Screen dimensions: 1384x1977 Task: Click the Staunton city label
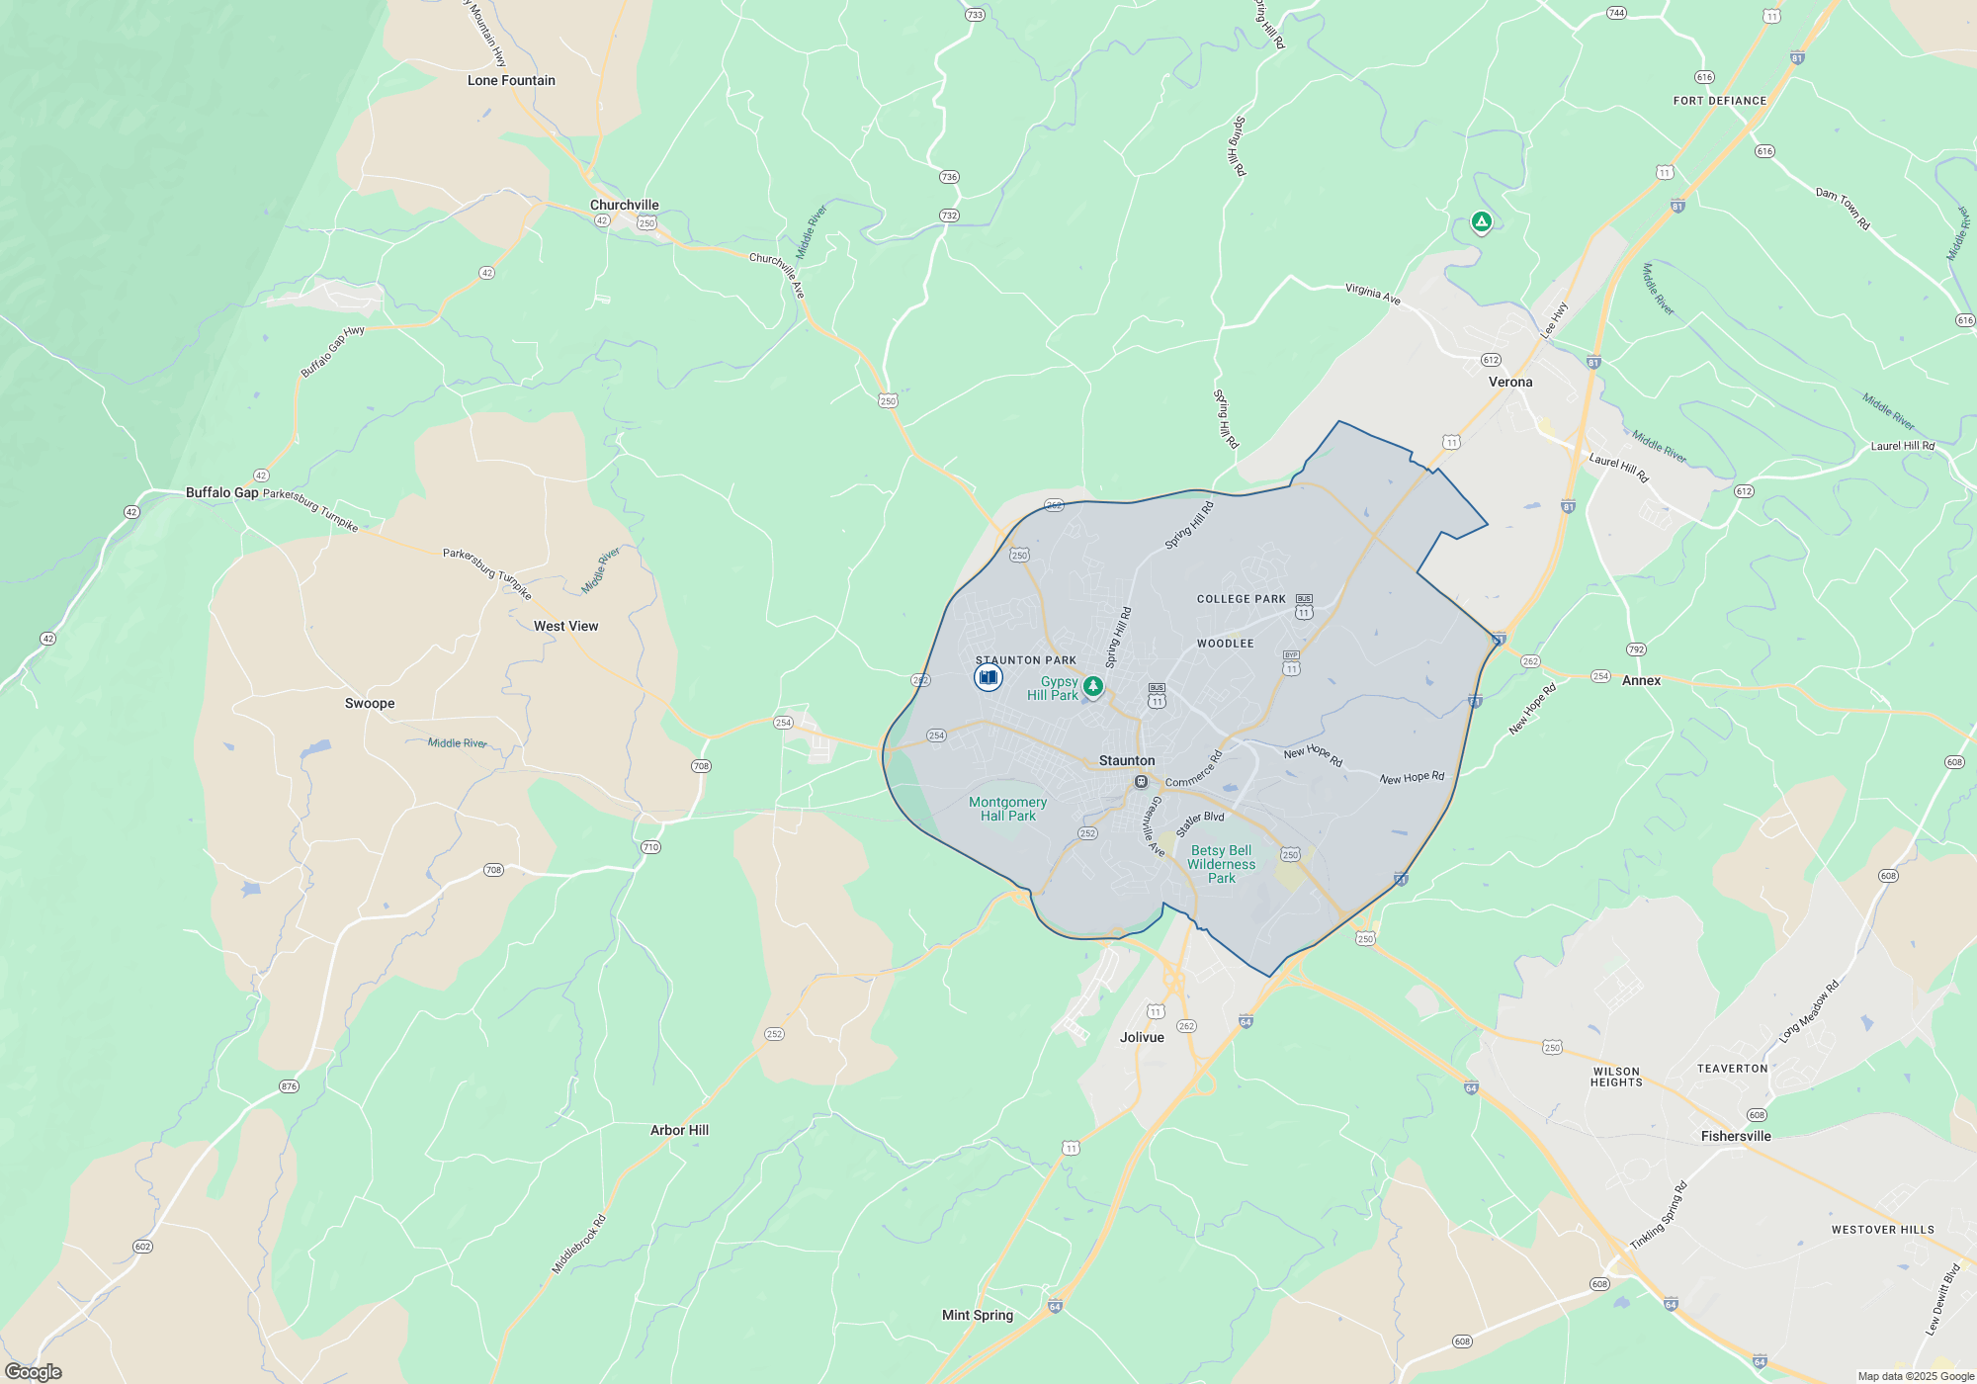pyautogui.click(x=1127, y=760)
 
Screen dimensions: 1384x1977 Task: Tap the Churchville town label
pyautogui.click(x=624, y=205)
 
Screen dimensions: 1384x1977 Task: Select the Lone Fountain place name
pyautogui.click(x=511, y=80)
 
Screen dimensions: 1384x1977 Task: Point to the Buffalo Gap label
pyautogui.click(x=221, y=492)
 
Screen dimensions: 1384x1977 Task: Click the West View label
pyautogui.click(x=565, y=626)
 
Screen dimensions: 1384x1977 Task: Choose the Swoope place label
pyautogui.click(x=370, y=703)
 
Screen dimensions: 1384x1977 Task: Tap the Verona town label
pyautogui.click(x=1510, y=382)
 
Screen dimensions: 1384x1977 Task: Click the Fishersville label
pyautogui.click(x=1736, y=1136)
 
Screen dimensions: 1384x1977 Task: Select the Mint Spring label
pyautogui.click(x=977, y=1315)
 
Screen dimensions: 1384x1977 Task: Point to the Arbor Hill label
pyautogui.click(x=679, y=1130)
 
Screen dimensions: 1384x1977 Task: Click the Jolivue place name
pyautogui.click(x=1142, y=1037)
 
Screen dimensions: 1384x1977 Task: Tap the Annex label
pyautogui.click(x=1641, y=680)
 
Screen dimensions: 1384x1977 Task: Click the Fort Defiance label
pyautogui.click(x=1719, y=101)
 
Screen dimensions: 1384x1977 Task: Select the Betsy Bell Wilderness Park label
pyautogui.click(x=1221, y=864)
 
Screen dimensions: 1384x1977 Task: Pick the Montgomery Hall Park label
pyautogui.click(x=1007, y=809)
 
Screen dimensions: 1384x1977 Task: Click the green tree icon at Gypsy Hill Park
pyautogui.click(x=1092, y=685)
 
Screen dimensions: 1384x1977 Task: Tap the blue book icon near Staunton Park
pyautogui.click(x=988, y=677)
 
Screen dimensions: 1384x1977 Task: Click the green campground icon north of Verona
pyautogui.click(x=1481, y=222)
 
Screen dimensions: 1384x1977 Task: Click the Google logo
pyautogui.click(x=34, y=1371)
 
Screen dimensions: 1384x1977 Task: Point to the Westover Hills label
pyautogui.click(x=1882, y=1230)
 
